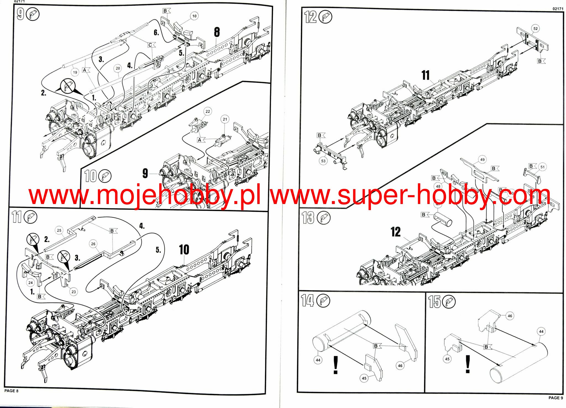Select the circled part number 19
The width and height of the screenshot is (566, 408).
pyautogui.click(x=75, y=72)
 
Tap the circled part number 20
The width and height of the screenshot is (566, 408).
pyautogui.click(x=118, y=68)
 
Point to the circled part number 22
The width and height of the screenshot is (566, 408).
pyautogui.click(x=208, y=112)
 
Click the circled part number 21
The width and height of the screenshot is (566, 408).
pyautogui.click(x=225, y=119)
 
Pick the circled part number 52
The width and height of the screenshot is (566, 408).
pyautogui.click(x=535, y=29)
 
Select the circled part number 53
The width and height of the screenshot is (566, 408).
pyautogui.click(x=323, y=161)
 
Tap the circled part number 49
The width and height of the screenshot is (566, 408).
pyautogui.click(x=482, y=160)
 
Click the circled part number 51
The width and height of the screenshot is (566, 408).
pyautogui.click(x=542, y=167)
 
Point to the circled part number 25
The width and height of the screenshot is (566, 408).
pyautogui.click(x=59, y=230)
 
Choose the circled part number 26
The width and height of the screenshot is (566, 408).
pyautogui.click(x=93, y=244)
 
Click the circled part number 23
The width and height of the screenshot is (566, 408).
pyautogui.click(x=74, y=292)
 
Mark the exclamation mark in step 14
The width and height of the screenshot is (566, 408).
pyautogui.click(x=336, y=365)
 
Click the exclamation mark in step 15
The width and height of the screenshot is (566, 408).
pyautogui.click(x=468, y=364)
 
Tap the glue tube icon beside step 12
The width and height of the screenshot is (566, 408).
pyautogui.click(x=325, y=17)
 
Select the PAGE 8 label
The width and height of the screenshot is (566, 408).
pyautogui.click(x=11, y=391)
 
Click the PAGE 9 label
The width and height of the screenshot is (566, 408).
pyautogui.click(x=555, y=398)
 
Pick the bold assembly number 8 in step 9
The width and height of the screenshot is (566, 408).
pyautogui.click(x=217, y=32)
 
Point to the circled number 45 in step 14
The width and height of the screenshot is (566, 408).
pyautogui.click(x=364, y=378)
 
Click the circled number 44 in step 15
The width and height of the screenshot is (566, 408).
pyautogui.click(x=541, y=332)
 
